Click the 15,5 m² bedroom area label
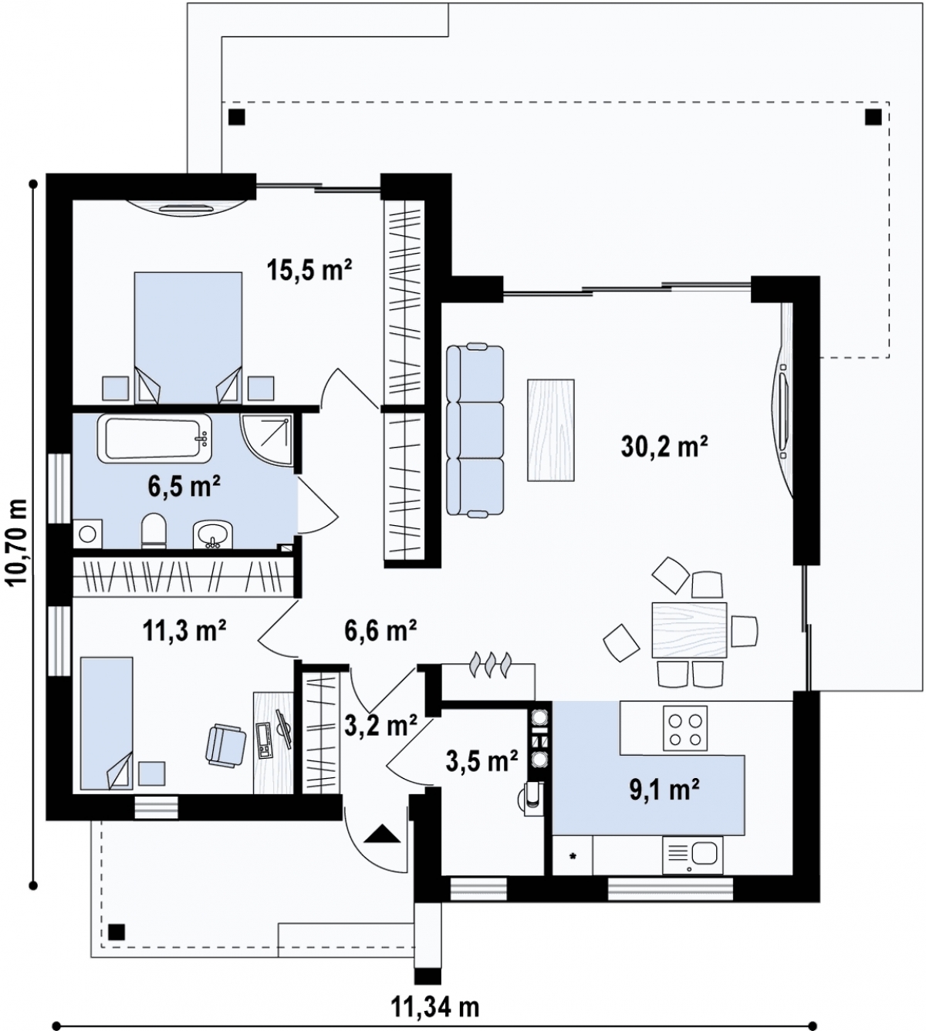click(309, 270)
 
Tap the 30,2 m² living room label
click(664, 446)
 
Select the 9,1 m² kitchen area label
click(664, 790)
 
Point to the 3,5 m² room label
click(482, 763)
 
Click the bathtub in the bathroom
click(154, 439)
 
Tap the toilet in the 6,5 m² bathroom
click(154, 531)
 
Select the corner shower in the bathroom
click(268, 440)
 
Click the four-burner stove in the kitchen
click(685, 728)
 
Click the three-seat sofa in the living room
click(475, 430)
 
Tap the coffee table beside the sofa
click(551, 430)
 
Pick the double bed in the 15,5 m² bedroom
click(188, 338)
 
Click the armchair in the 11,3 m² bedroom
click(226, 746)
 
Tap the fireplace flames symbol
click(490, 665)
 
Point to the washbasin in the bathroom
click(212, 535)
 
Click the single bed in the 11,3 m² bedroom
click(106, 723)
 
